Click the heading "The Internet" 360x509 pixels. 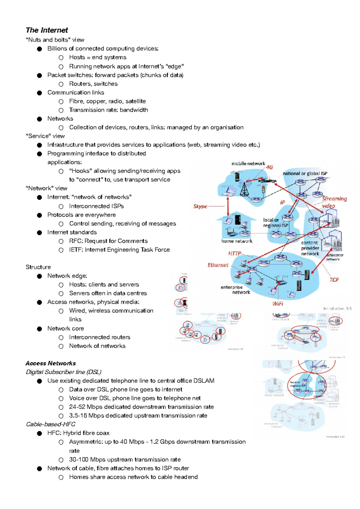pos(47,30)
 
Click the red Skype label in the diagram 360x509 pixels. pos(200,206)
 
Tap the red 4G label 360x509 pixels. pos(270,167)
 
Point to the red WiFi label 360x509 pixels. pos(278,304)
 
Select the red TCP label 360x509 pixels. pos(334,280)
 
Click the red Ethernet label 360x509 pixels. pos(218,265)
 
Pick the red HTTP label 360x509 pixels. pos(235,254)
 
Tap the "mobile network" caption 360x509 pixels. pos(248,164)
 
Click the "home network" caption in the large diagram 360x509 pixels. pos(237,241)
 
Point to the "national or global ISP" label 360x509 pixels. pos(305,174)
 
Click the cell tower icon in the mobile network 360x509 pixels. pos(245,189)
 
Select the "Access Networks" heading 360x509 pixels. pos(51,363)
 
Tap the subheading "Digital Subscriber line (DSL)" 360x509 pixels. pos(64,372)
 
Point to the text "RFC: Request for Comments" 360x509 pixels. pos(108,241)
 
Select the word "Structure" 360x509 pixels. pos(38,267)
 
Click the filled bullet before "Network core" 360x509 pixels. pos(40,329)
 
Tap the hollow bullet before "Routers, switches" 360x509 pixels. pos(61,84)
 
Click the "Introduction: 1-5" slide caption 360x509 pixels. pos(337,308)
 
